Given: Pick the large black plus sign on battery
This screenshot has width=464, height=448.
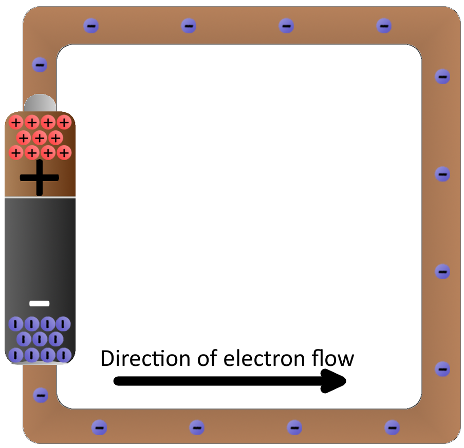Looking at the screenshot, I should pyautogui.click(x=40, y=178).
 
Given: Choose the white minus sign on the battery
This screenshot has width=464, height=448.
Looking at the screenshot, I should pyautogui.click(x=40, y=303).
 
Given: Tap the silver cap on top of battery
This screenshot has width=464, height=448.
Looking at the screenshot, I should pyautogui.click(x=40, y=103).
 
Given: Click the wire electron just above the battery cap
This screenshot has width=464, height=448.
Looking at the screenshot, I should pyautogui.click(x=40, y=65).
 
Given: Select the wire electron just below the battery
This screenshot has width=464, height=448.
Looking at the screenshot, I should pyautogui.click(x=41, y=395).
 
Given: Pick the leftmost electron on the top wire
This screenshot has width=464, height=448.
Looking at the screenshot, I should pyautogui.click(x=91, y=25).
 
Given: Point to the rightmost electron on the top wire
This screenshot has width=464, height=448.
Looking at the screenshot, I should pyautogui.click(x=384, y=25).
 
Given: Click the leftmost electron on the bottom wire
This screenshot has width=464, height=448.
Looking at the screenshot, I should pyautogui.click(x=99, y=427).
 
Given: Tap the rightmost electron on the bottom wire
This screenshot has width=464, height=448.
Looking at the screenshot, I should pyautogui.click(x=392, y=427).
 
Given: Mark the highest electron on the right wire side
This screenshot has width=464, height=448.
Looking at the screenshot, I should pyautogui.click(x=442, y=76).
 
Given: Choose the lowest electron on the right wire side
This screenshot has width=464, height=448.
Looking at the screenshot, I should pyautogui.click(x=442, y=369).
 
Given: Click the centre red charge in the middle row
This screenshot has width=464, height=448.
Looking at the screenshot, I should pyautogui.click(x=40, y=138).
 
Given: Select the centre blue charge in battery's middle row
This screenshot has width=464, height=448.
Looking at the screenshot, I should pyautogui.click(x=40, y=339).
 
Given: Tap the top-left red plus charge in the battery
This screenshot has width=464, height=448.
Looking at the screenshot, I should pyautogui.click(x=16, y=122).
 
